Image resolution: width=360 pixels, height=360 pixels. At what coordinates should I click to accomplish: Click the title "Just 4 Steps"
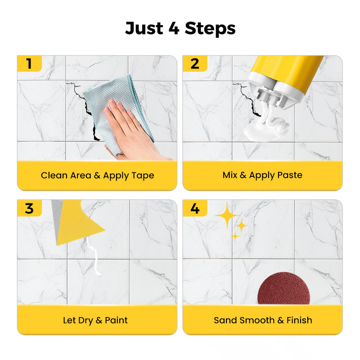coord(180,28)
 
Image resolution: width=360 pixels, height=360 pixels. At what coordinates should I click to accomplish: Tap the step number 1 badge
coord(29,63)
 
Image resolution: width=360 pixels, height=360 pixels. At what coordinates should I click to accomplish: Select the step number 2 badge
coord(195,63)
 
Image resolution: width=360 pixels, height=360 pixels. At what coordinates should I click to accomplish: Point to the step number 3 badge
coord(29,208)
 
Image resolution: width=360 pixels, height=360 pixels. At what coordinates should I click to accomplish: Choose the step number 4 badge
coord(195,208)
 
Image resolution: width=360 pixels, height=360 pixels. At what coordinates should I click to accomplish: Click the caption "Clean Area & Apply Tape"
coord(97,175)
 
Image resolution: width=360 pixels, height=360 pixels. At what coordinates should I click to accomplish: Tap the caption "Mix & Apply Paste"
coord(262,175)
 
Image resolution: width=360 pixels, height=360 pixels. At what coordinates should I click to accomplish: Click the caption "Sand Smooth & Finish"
coord(262,320)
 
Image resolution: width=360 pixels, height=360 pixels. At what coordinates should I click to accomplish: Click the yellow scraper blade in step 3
coord(79,223)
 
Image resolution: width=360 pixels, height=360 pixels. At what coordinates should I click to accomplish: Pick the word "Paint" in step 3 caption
coord(117,320)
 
